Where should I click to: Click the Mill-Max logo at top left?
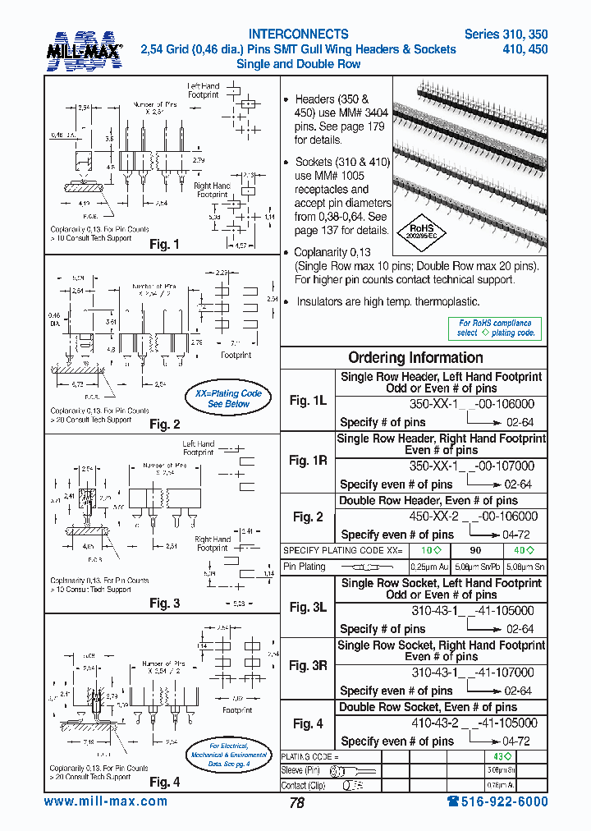click(84, 50)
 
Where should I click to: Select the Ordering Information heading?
click(415, 357)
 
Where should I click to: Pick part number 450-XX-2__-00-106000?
click(473, 517)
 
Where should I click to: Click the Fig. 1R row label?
click(308, 461)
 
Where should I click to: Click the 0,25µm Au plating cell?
click(428, 567)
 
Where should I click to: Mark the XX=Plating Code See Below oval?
click(227, 398)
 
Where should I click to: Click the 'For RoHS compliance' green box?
click(496, 328)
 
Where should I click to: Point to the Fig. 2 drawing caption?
click(164, 425)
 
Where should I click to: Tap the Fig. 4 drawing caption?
click(164, 782)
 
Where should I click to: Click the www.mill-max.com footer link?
click(105, 802)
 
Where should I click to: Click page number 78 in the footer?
click(296, 803)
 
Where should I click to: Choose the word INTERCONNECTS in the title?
click(298, 34)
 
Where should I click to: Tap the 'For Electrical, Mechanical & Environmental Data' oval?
click(229, 754)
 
